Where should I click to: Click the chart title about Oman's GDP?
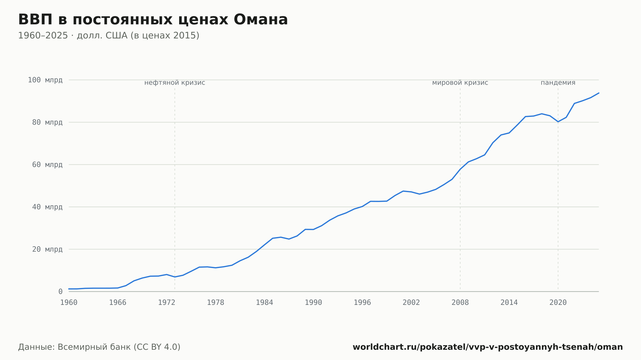(x=153, y=20)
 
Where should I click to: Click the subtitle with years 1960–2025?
(x=109, y=36)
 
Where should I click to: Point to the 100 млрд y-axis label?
(x=45, y=80)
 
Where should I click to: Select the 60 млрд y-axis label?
(x=47, y=165)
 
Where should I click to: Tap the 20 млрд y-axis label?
(x=47, y=249)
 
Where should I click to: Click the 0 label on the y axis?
(x=61, y=291)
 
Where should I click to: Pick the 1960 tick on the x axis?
(x=69, y=303)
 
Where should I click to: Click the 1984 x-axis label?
(x=264, y=303)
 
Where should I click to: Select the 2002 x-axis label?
(x=411, y=303)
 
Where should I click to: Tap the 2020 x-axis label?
(x=558, y=303)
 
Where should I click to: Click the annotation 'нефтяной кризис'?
(x=175, y=83)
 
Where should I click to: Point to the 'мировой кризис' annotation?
(x=460, y=83)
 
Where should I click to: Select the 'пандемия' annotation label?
(x=558, y=83)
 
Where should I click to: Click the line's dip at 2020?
(x=558, y=122)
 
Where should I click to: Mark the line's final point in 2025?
(x=599, y=93)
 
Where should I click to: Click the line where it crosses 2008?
(x=460, y=169)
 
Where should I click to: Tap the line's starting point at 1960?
(x=69, y=289)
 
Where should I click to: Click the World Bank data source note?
(x=99, y=347)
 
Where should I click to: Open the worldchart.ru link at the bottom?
(x=488, y=347)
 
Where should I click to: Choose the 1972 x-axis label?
(x=167, y=303)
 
